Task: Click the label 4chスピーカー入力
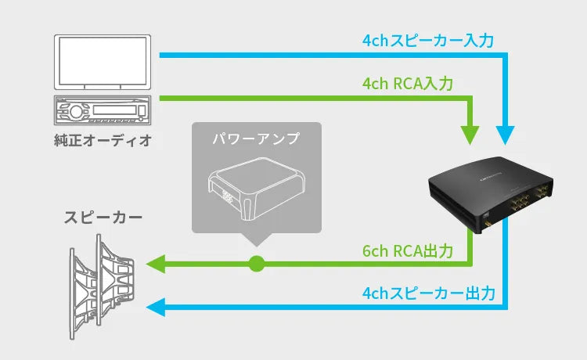(x=428, y=40)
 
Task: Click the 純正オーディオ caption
(x=103, y=140)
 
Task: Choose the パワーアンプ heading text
(x=256, y=139)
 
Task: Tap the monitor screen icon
(x=103, y=61)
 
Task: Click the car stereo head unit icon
(x=103, y=111)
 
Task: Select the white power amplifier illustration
(x=255, y=191)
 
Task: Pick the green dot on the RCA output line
(x=256, y=264)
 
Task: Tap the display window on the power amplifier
(x=226, y=197)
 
